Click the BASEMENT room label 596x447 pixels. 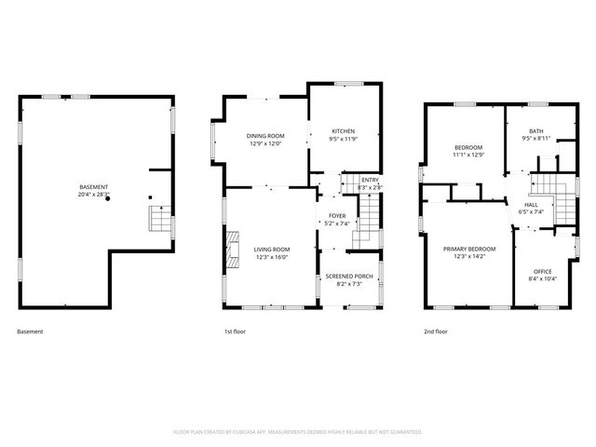pos(93,187)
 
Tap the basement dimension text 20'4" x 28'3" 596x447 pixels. pos(93,196)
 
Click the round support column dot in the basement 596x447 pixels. pos(108,198)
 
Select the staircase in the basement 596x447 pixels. pos(160,220)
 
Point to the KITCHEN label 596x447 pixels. pos(344,131)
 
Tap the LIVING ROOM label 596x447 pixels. pos(272,249)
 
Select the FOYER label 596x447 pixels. pos(337,216)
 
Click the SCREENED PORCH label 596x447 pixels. pos(349,276)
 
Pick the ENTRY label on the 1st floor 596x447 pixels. pos(370,180)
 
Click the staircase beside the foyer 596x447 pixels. pos(369,223)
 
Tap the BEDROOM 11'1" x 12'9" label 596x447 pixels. pos(468,148)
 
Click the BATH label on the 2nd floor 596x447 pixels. pos(536,131)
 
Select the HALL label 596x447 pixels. pos(531,204)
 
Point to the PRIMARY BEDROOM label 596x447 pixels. pos(469,249)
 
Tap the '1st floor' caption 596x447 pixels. pos(234,332)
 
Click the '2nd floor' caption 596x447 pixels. pos(436,332)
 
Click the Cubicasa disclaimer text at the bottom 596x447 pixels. pos(298,432)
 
